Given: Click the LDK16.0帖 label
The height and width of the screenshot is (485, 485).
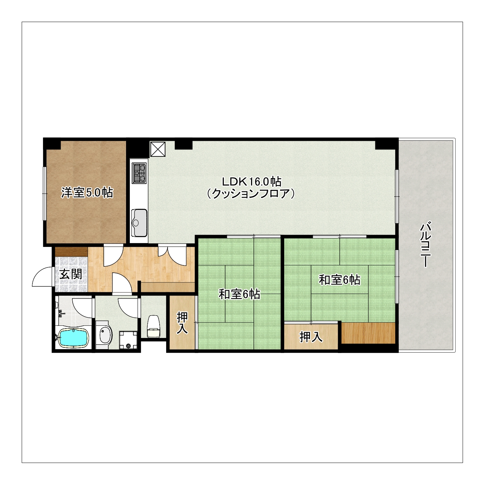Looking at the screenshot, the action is pos(251,181).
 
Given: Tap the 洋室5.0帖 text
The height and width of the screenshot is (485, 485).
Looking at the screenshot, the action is pos(87,193).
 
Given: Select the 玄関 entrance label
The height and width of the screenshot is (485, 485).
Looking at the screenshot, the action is pos(71,274).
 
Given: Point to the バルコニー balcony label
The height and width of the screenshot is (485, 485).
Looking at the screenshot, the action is pos(425,244).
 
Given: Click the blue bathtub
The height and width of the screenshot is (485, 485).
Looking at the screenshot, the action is pos(73,338).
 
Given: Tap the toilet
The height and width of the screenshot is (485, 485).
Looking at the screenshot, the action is pos(153,326).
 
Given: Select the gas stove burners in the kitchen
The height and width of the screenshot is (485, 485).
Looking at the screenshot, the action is pos(139,173).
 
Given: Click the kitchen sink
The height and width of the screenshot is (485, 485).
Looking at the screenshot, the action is pos(139,223).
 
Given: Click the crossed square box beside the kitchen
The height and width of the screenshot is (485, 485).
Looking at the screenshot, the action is pos(158,149).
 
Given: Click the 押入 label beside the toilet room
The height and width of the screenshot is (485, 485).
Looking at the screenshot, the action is pos(182,323).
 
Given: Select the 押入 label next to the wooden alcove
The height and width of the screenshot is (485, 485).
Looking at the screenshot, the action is pos(311,337).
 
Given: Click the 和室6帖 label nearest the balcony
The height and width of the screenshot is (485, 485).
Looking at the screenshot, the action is pos(339,280).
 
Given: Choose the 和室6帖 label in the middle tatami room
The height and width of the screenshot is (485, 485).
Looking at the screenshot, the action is pos(239,294).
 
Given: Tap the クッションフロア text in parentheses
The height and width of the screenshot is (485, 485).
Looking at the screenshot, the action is pos(250,194).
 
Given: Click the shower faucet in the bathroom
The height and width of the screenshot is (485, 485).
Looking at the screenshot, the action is pos(61,313).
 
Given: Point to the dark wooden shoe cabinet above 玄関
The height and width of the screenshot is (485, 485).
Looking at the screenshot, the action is pos(71,252).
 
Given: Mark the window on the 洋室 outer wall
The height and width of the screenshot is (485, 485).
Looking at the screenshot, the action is pos(45,193).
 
